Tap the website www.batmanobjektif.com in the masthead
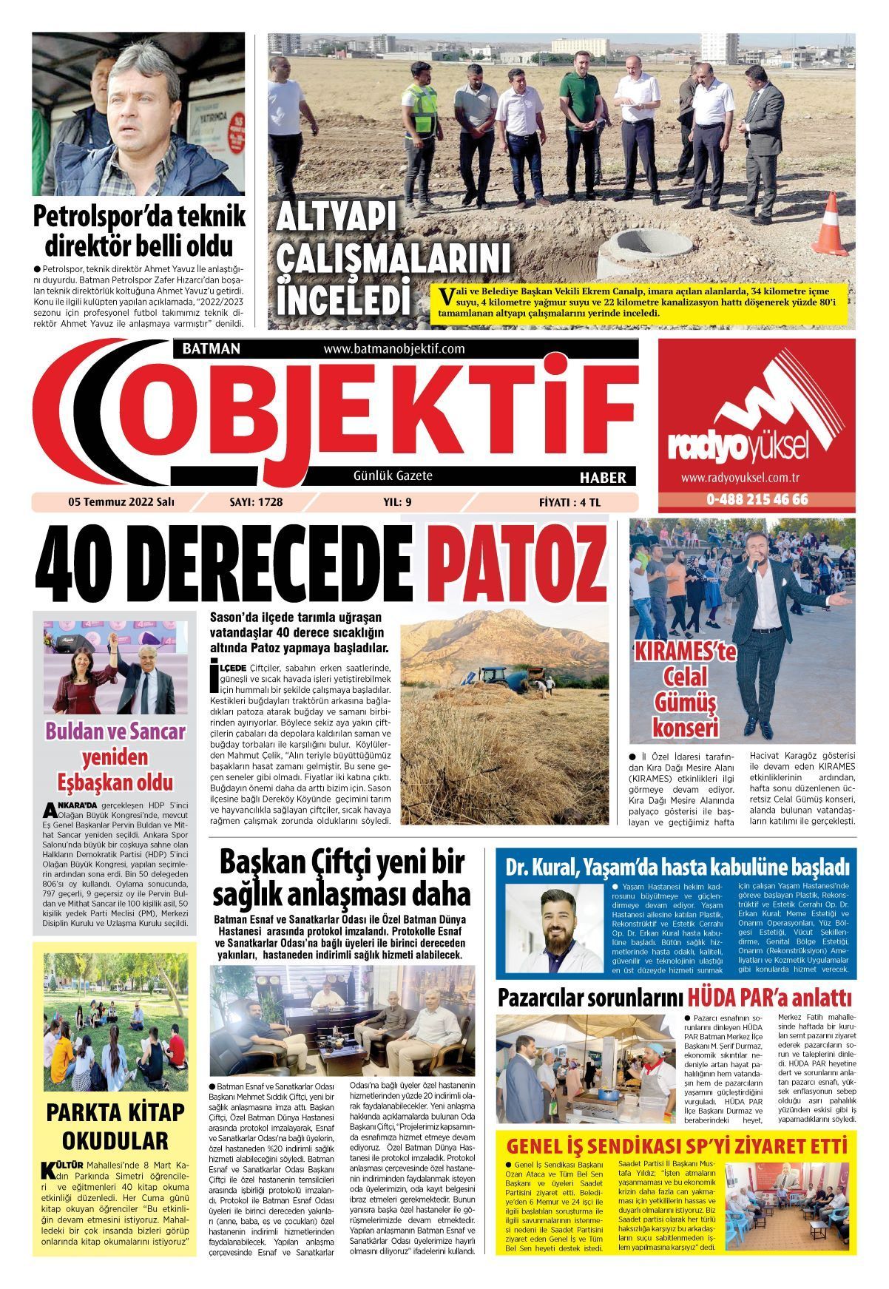point(393,348)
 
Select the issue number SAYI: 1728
point(257,502)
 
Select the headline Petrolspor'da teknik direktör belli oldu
point(139,231)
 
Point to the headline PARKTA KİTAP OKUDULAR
point(115,1124)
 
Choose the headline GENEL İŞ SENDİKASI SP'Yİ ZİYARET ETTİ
point(675,1146)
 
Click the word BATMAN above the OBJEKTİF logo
point(211,348)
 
